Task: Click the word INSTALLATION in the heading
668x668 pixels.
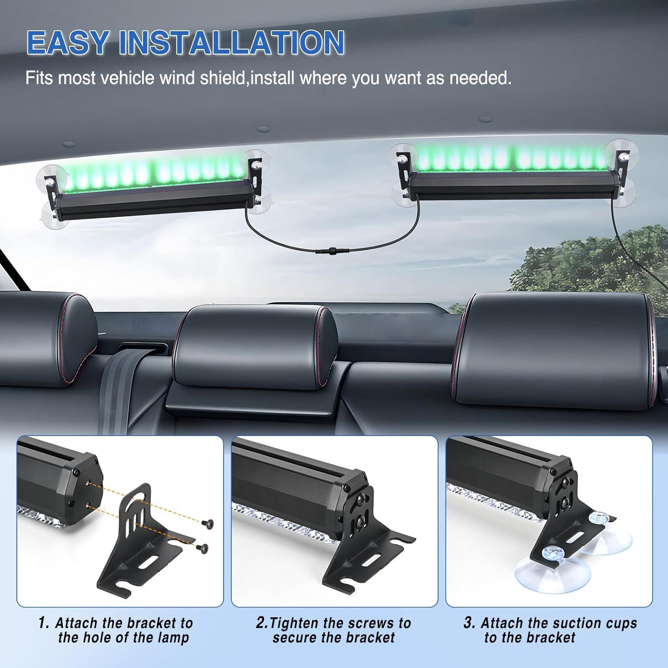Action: [x=232, y=43]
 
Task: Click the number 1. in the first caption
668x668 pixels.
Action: [x=44, y=623]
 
